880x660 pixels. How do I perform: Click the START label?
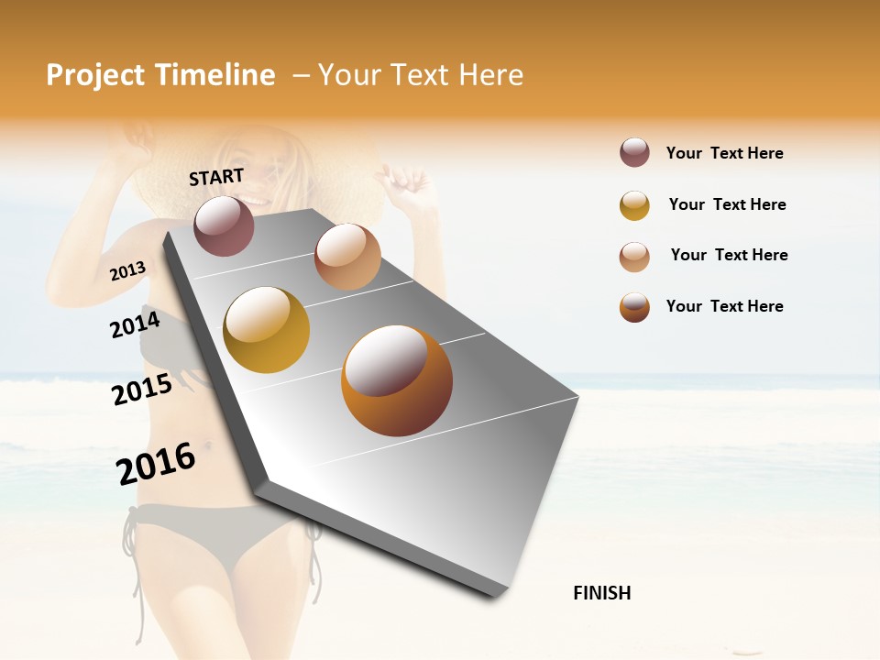(216, 177)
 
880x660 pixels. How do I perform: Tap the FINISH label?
(602, 593)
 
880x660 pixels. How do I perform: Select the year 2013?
(128, 271)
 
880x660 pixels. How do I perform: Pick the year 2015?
(142, 390)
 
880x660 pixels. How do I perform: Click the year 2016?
(156, 463)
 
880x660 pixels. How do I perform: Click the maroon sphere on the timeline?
(225, 225)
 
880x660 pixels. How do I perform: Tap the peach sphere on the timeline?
(347, 257)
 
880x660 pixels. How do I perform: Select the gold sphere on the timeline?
(267, 330)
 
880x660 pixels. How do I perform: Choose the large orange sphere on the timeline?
(397, 380)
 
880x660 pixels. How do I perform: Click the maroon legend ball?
(634, 152)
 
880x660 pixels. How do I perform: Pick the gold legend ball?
(634, 205)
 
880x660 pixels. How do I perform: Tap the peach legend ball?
(634, 257)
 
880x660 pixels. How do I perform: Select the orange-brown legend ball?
(634, 307)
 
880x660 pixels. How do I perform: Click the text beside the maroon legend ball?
(724, 153)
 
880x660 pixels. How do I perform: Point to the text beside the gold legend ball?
(727, 204)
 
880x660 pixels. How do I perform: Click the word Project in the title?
(96, 75)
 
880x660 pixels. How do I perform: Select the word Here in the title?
(490, 75)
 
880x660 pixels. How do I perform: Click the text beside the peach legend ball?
(729, 255)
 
